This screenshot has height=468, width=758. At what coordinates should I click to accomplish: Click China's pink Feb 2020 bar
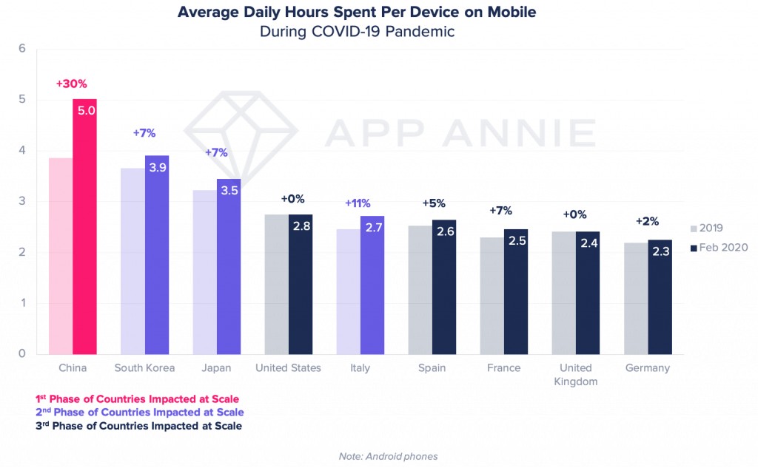pos(84,237)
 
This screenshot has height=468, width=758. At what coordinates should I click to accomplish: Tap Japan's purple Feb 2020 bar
pos(229,274)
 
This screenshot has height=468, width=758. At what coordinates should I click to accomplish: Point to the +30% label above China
pos(72,84)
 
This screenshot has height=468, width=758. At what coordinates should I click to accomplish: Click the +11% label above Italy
pos(358,203)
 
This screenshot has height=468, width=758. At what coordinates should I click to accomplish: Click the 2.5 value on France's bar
pos(516,240)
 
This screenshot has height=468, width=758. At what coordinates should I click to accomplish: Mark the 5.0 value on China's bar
pos(85,111)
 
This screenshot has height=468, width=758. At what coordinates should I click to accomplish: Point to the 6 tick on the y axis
pos(22,49)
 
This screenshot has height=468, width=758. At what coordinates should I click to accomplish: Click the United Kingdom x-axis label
pos(576,374)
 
